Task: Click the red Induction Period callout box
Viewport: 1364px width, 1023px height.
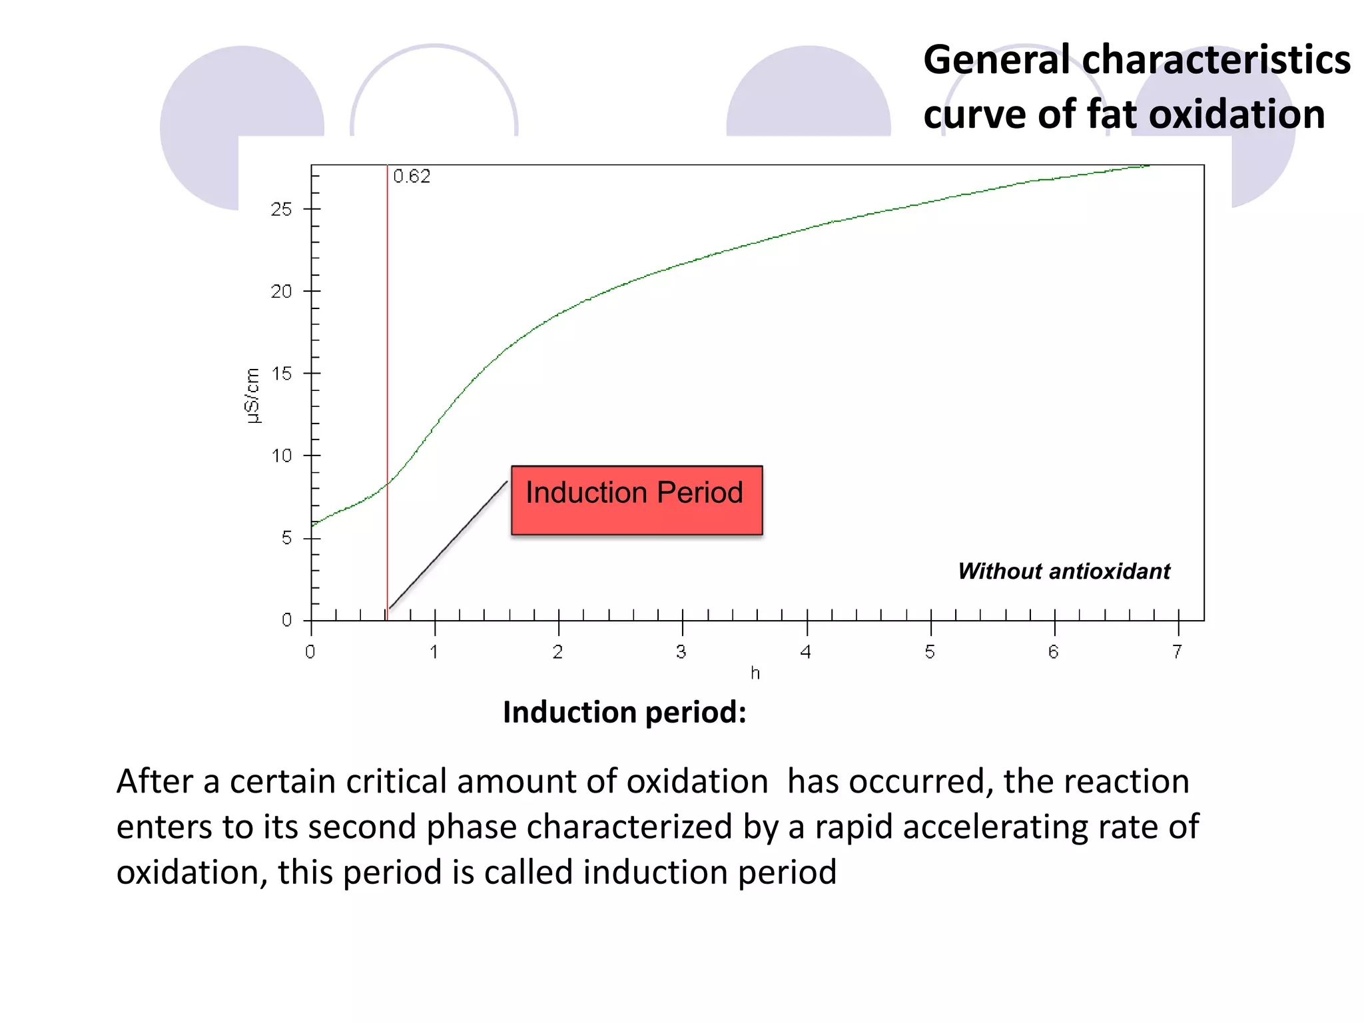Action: coord(636,500)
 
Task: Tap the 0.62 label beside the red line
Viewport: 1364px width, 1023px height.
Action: coord(412,176)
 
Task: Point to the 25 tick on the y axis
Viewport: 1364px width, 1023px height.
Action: coord(281,210)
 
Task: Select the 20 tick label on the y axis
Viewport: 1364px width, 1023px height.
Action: coord(281,292)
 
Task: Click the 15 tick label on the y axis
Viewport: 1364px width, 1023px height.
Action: coord(282,374)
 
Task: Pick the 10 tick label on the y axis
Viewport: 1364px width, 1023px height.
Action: coord(282,456)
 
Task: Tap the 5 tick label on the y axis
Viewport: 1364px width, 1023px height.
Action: coord(286,538)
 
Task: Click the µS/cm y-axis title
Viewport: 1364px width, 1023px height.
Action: coord(252,396)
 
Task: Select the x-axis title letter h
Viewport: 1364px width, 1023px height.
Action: coord(755,673)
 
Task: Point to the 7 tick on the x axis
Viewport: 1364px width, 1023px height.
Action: coord(1177,651)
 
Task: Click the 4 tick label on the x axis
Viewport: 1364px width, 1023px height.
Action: coord(806,651)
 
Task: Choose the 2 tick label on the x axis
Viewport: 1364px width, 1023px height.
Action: coord(557,651)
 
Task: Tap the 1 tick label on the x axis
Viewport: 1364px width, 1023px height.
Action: coord(434,651)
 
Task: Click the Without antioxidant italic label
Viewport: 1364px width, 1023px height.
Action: coord(1064,571)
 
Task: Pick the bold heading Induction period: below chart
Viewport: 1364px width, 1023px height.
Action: coord(624,712)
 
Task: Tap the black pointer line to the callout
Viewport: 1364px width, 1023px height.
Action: coord(448,544)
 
